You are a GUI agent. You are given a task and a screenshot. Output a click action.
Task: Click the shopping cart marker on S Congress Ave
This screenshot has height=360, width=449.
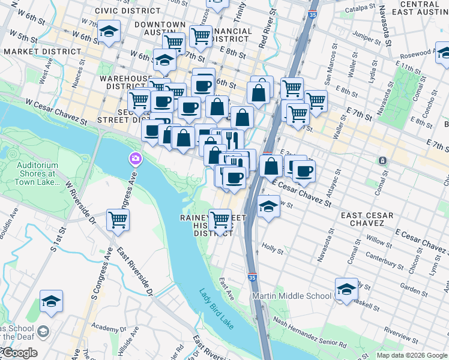tap(118, 220)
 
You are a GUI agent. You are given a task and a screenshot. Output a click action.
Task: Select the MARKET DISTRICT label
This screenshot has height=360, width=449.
tap(42, 52)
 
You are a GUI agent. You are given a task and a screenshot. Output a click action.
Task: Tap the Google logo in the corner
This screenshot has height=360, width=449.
tap(19, 353)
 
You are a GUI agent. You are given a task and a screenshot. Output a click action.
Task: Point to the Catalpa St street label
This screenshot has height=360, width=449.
tap(360, 9)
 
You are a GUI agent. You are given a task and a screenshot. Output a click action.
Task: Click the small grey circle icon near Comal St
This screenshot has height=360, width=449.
tap(382, 160)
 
